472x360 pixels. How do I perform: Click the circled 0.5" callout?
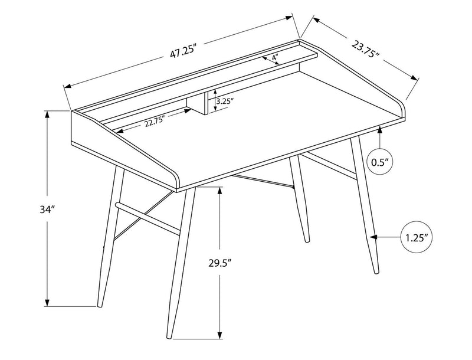379,162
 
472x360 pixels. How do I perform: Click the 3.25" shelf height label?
225,101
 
